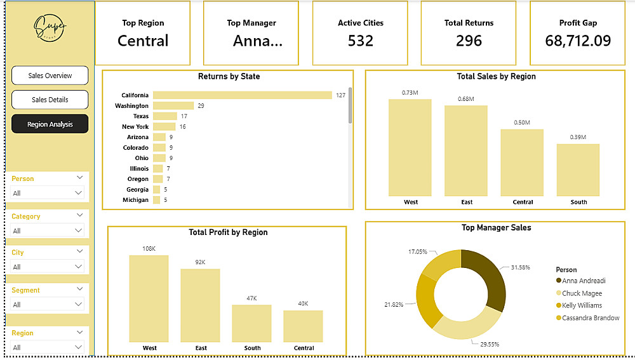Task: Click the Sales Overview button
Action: [50, 76]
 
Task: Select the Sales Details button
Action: [50, 100]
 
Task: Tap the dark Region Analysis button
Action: [50, 124]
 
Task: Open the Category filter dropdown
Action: [48, 230]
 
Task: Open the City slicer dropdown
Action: [48, 267]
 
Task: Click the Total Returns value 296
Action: [469, 41]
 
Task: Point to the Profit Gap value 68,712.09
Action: [578, 41]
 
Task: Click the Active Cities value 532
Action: [360, 41]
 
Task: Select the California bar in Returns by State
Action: [243, 95]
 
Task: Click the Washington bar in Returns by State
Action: [173, 105]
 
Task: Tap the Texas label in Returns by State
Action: [140, 116]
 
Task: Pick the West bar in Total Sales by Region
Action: [410, 147]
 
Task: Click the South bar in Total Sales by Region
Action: [578, 170]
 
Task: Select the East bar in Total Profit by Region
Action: [200, 305]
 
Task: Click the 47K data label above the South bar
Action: [251, 298]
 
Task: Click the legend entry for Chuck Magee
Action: [582, 293]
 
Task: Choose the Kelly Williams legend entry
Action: [582, 305]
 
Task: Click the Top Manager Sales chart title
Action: [496, 227]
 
